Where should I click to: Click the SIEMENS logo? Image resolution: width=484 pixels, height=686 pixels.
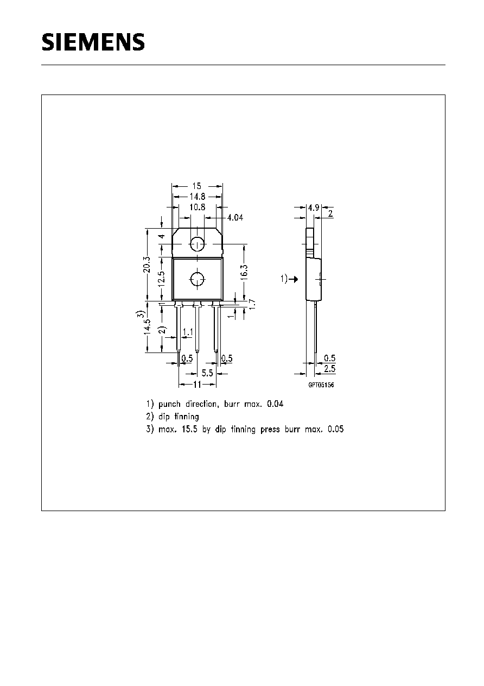(93, 42)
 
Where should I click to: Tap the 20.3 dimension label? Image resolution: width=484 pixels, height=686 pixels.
(147, 265)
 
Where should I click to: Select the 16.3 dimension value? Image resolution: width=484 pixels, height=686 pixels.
(244, 272)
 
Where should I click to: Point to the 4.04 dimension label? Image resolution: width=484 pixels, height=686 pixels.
(235, 217)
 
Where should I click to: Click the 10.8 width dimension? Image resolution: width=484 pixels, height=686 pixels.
(198, 207)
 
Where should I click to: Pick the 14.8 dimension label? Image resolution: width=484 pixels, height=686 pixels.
(198, 197)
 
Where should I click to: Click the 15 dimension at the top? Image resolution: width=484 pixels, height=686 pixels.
(197, 186)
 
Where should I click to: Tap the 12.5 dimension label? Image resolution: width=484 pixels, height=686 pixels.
(162, 279)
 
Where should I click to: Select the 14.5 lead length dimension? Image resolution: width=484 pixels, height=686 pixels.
(147, 326)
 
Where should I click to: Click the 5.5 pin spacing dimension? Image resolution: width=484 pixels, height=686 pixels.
(207, 373)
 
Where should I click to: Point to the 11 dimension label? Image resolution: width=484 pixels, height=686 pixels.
(198, 385)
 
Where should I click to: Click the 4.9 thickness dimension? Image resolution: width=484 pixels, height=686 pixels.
(314, 207)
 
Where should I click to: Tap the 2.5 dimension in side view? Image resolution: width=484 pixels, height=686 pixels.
(330, 369)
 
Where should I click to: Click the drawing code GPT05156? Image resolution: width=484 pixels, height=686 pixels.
(321, 385)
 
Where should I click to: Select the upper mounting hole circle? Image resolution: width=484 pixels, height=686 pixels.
(198, 244)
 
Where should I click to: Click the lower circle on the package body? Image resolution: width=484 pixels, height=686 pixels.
(198, 279)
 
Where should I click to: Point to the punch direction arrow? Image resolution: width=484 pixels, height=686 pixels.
(294, 279)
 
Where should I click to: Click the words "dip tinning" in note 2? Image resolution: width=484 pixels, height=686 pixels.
(179, 417)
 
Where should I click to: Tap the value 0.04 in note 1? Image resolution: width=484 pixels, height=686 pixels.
(275, 404)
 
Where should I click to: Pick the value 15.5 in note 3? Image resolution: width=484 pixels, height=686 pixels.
(190, 429)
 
